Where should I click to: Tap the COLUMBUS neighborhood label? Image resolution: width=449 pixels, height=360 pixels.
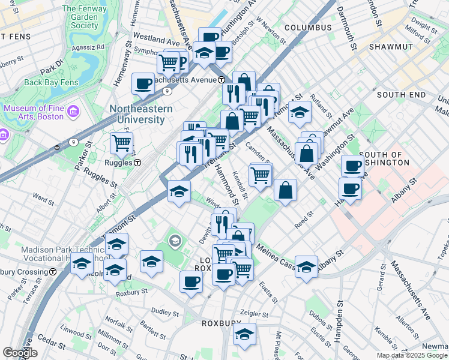(x=308, y=28)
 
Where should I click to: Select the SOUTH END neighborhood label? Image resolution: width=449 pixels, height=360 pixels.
(x=401, y=95)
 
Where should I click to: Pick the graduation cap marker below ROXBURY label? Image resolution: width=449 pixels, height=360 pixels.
(x=245, y=334)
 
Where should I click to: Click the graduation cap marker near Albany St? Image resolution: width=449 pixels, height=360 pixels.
(x=306, y=267)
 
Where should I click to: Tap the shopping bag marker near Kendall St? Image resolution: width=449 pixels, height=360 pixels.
(x=286, y=190)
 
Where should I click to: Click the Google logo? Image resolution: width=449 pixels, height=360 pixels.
(x=20, y=353)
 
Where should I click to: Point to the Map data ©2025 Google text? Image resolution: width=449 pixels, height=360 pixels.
(x=412, y=355)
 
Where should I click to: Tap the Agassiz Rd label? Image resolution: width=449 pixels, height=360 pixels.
(x=87, y=46)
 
